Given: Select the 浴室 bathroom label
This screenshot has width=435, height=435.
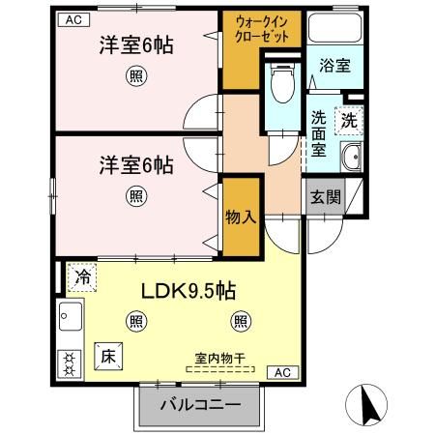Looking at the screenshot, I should click(335, 67).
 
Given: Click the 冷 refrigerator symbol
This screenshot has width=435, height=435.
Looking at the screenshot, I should click(82, 276).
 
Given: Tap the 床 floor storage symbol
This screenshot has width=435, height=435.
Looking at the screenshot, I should click(107, 355).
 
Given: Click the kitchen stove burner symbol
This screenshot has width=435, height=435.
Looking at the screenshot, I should click(70, 362).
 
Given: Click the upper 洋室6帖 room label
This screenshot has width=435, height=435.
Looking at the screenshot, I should click(136, 46).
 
